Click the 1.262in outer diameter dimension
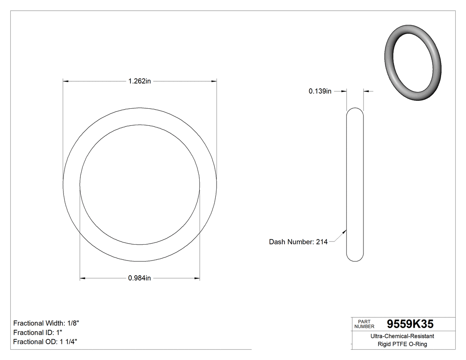tap(139, 81)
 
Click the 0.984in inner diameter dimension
tap(139, 278)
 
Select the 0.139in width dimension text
tap(320, 91)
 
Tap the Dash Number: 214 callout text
tap(298, 242)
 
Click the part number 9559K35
tap(410, 324)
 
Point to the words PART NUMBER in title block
tap(364, 324)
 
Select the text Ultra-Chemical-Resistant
tap(402, 336)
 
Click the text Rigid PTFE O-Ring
tap(402, 344)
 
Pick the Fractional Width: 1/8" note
tap(46, 323)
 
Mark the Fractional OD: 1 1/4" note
tap(46, 342)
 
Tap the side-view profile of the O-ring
tap(355, 184)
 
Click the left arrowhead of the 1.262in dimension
tap(66, 81)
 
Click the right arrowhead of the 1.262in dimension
tap(214, 81)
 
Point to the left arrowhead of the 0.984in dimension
tap(83, 278)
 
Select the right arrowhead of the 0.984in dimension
tap(197, 278)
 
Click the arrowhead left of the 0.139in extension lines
tap(344, 91)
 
